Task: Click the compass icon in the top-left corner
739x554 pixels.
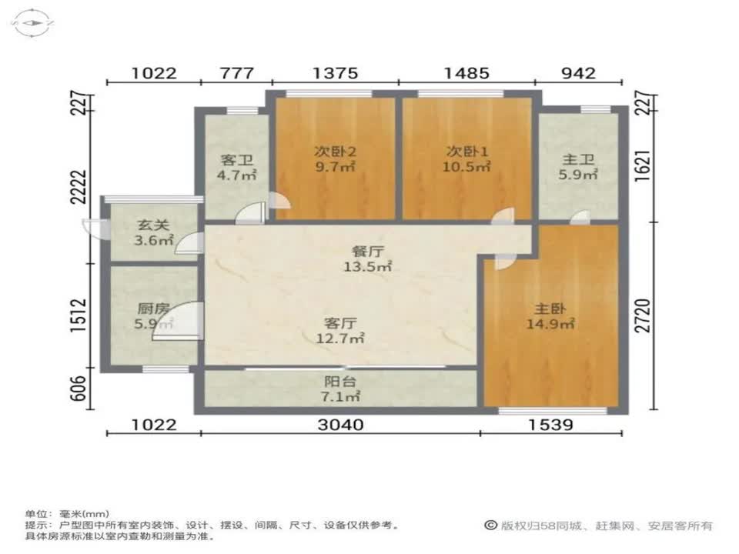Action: [33, 22]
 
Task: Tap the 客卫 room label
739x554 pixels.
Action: [236, 160]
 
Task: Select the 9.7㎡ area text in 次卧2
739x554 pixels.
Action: [335, 166]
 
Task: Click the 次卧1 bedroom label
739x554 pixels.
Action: [467, 152]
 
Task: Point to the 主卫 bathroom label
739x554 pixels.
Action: [578, 159]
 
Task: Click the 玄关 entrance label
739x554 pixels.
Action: [153, 225]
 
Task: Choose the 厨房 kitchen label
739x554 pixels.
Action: [153, 309]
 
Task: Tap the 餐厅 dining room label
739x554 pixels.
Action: [368, 251]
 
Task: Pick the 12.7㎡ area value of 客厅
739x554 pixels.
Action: [339, 339]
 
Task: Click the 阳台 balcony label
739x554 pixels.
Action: [339, 381]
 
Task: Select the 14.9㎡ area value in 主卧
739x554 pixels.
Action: [550, 324]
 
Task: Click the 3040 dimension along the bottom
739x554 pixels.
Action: [340, 425]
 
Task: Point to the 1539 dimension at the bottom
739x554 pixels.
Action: [550, 425]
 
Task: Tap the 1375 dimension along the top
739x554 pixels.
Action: [335, 73]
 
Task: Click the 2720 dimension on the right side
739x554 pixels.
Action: [643, 315]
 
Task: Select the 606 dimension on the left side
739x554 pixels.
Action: [79, 388]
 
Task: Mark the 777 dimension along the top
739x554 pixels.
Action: [237, 73]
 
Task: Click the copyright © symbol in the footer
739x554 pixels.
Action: [490, 525]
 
